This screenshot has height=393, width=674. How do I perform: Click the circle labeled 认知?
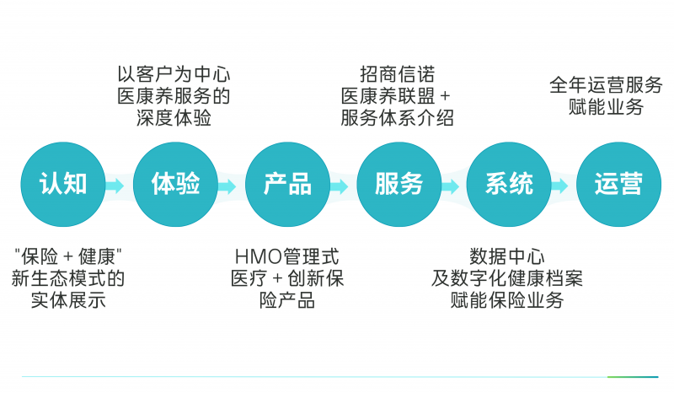click(63, 185)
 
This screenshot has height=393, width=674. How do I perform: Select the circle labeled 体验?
click(175, 185)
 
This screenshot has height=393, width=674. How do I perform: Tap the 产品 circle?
click(287, 185)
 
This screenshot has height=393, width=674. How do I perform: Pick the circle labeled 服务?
click(399, 185)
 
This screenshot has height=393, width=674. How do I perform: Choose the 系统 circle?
click(509, 185)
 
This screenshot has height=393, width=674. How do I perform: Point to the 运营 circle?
click(618, 185)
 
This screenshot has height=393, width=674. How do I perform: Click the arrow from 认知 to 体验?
click(115, 185)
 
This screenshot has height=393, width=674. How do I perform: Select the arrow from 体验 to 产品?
click(227, 185)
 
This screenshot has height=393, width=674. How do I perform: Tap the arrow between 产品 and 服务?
click(340, 185)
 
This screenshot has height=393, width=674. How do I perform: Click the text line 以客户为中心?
click(174, 75)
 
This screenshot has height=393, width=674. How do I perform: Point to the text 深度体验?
click(174, 118)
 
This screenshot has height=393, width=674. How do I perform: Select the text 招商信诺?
click(397, 75)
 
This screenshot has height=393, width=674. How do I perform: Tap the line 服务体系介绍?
click(397, 118)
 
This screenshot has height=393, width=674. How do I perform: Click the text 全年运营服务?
click(606, 86)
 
